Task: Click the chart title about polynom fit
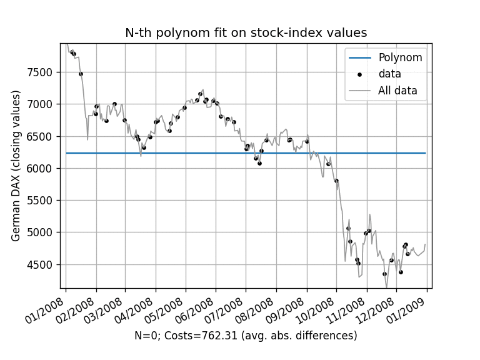point(246,33)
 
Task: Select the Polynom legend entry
point(400,58)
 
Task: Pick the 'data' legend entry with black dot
point(389,74)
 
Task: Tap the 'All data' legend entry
point(397,91)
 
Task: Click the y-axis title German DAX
point(16,166)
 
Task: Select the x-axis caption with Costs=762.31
point(246,336)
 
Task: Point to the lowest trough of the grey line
point(386,287)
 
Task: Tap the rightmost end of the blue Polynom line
point(426,152)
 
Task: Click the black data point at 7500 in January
point(81,74)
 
